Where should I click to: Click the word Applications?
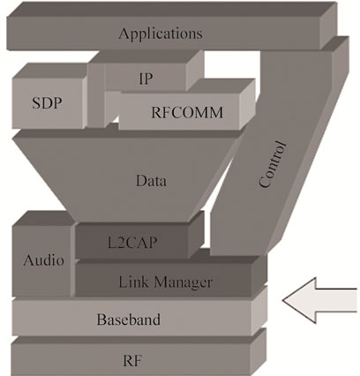pyautogui.click(x=161, y=34)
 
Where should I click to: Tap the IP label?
pyautogui.click(x=146, y=79)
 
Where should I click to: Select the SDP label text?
pyautogui.click(x=47, y=103)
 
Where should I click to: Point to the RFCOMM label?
pyautogui.click(x=187, y=112)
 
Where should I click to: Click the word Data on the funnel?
pyautogui.click(x=151, y=180)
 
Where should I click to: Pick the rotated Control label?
pyautogui.click(x=273, y=164)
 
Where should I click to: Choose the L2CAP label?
pyautogui.click(x=132, y=243)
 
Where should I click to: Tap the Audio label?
pyautogui.click(x=43, y=260)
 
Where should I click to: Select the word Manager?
pyautogui.click(x=184, y=282)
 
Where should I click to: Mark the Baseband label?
pyautogui.click(x=129, y=320)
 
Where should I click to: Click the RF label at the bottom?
pyautogui.click(x=132, y=360)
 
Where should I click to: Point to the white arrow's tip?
pyautogui.click(x=282, y=300)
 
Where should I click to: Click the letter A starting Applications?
pyautogui.click(x=124, y=33)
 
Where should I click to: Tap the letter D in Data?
pyautogui.click(x=141, y=180)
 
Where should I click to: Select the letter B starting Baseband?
pyautogui.click(x=101, y=320)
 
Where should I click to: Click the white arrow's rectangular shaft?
pyautogui.click(x=336, y=300)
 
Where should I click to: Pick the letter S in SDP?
pyautogui.click(x=35, y=103)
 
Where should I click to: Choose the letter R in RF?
pyautogui.click(x=128, y=360)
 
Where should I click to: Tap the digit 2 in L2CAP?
pyautogui.click(x=119, y=243)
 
